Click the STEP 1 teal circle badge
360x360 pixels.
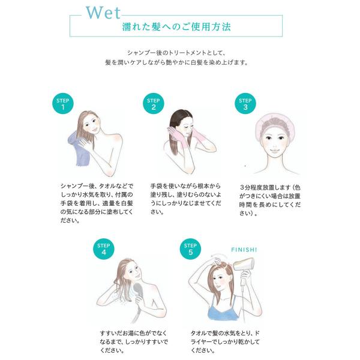pos(63,103)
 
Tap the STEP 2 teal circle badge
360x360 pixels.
pos(154,103)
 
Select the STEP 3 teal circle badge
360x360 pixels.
pos(245,103)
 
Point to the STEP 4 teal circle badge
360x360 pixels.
pos(104,249)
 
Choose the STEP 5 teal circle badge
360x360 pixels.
pos(190,249)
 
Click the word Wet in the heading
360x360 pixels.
pos(103,13)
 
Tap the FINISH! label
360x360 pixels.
pos(244,250)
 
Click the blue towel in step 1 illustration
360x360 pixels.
pos(79,149)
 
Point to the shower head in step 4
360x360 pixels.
pos(138,290)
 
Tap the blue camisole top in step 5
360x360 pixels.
pos(222,310)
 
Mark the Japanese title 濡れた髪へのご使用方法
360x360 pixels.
pos(176,27)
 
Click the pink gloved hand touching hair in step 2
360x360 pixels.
pos(175,136)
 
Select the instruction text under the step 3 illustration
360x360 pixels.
pos(270,200)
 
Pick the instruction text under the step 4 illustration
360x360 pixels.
pos(134,342)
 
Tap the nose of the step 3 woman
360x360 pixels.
pos(275,145)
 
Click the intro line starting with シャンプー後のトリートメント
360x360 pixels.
pos(176,53)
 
